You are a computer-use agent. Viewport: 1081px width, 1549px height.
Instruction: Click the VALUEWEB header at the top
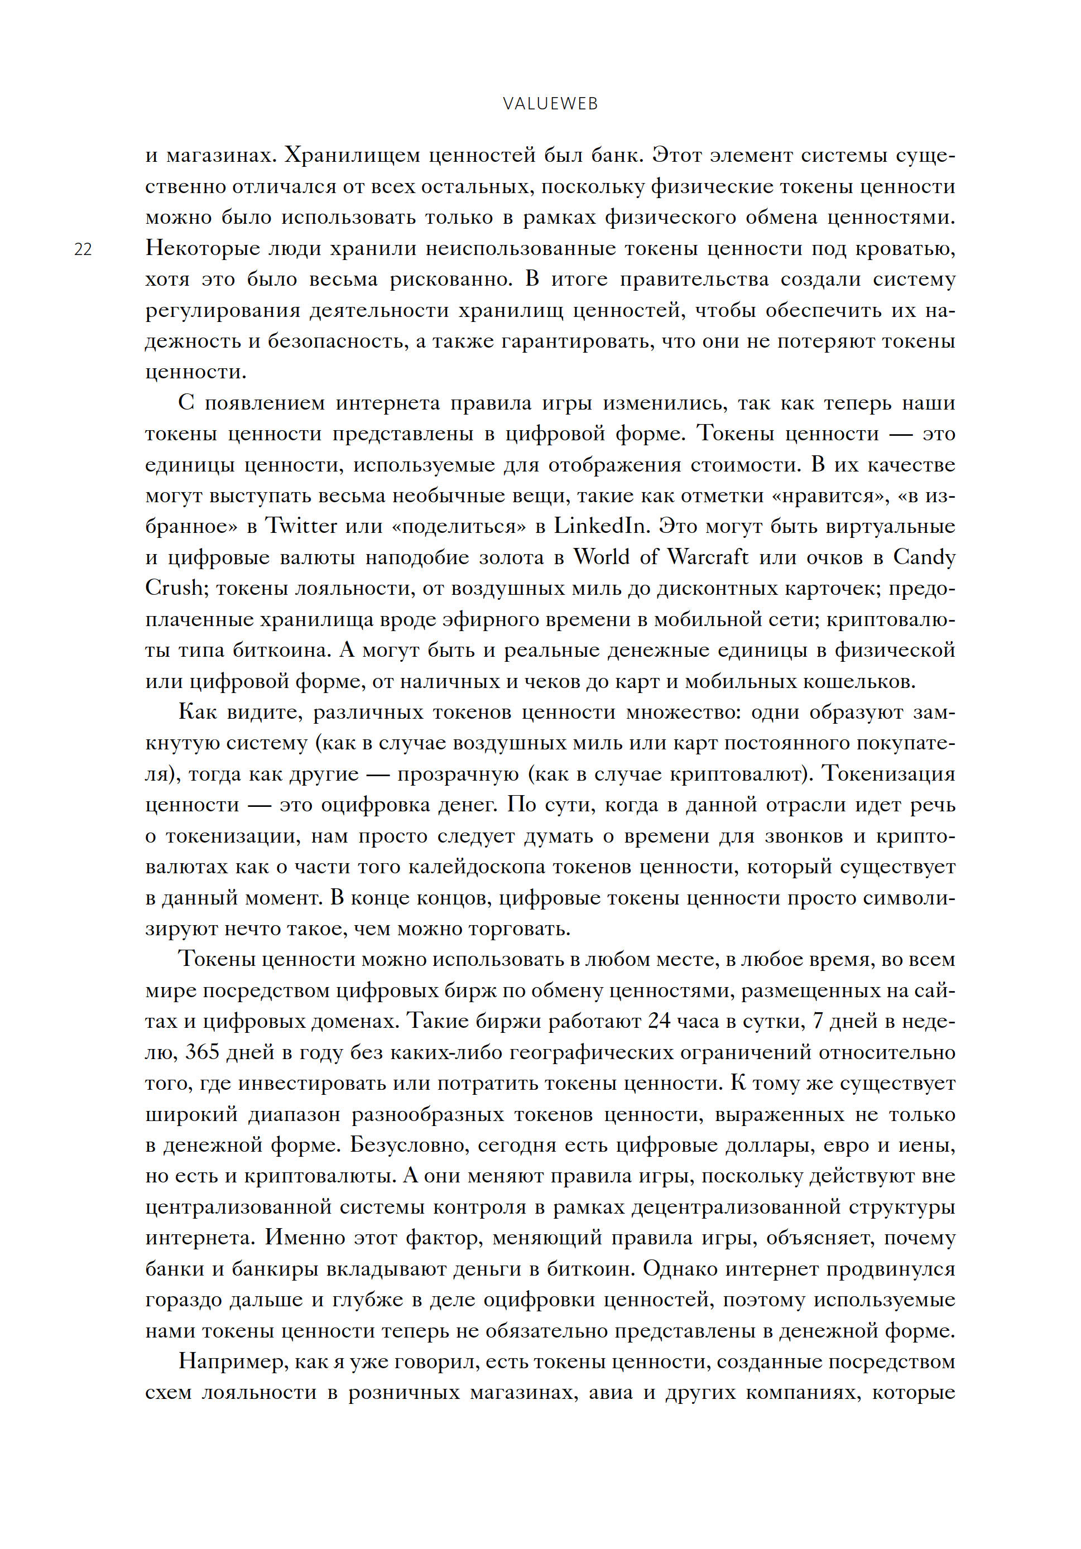(x=550, y=104)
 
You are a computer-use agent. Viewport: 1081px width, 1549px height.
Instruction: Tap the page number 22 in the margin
(x=83, y=249)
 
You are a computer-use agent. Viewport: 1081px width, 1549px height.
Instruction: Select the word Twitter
(x=300, y=526)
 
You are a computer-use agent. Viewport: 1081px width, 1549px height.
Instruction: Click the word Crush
(x=174, y=588)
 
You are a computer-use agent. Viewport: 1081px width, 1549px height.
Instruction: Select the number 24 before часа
(x=659, y=1021)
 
